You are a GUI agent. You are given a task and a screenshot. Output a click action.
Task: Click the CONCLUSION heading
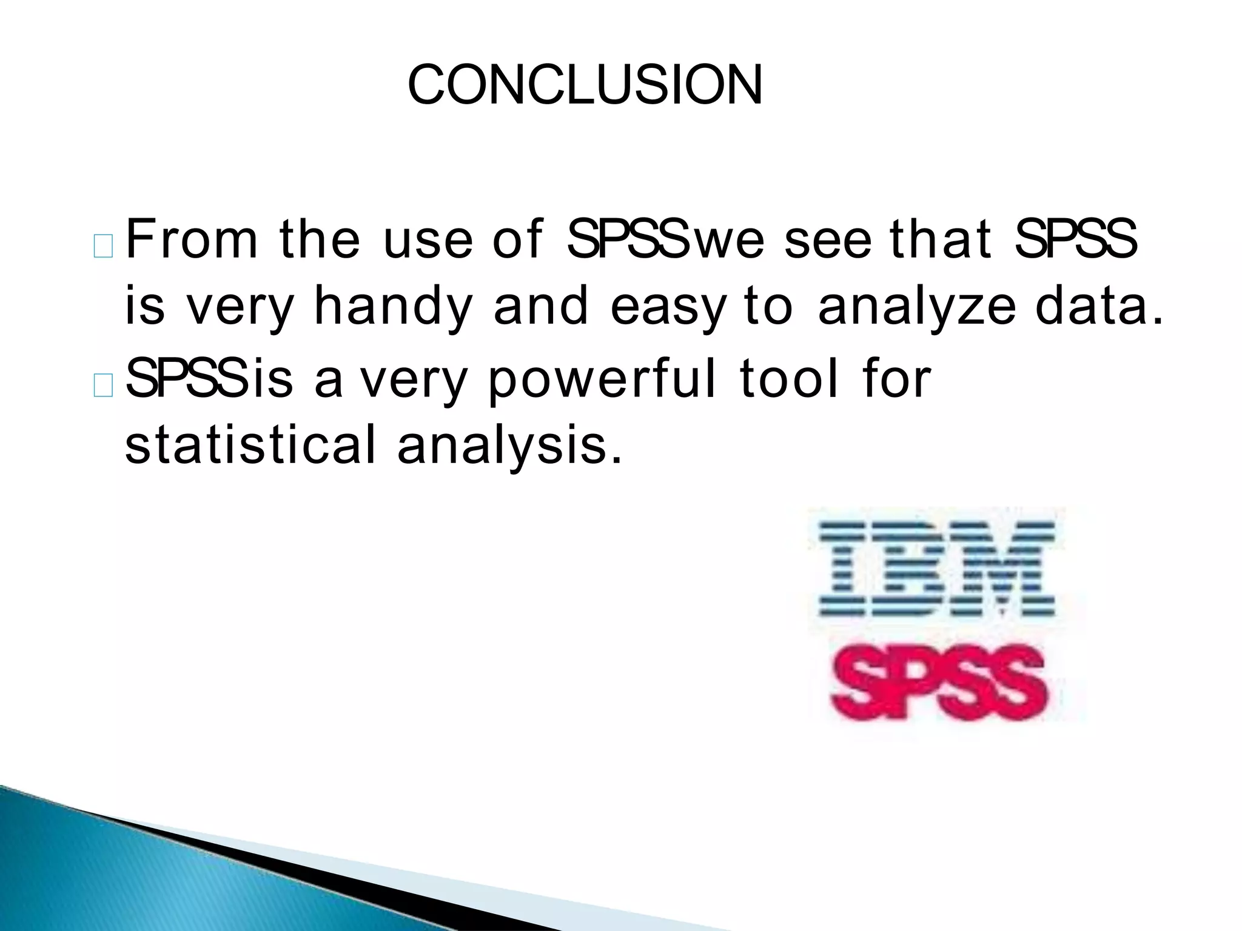585,85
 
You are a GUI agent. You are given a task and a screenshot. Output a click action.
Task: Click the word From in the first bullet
192,239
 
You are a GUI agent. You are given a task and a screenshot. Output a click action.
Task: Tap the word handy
392,307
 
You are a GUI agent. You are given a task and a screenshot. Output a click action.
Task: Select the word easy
668,307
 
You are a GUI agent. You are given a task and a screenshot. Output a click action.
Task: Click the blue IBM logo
936,570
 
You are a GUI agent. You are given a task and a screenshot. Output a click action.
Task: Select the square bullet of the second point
104,386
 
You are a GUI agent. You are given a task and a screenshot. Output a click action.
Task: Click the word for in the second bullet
896,379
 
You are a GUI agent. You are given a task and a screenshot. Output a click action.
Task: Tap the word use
428,241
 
